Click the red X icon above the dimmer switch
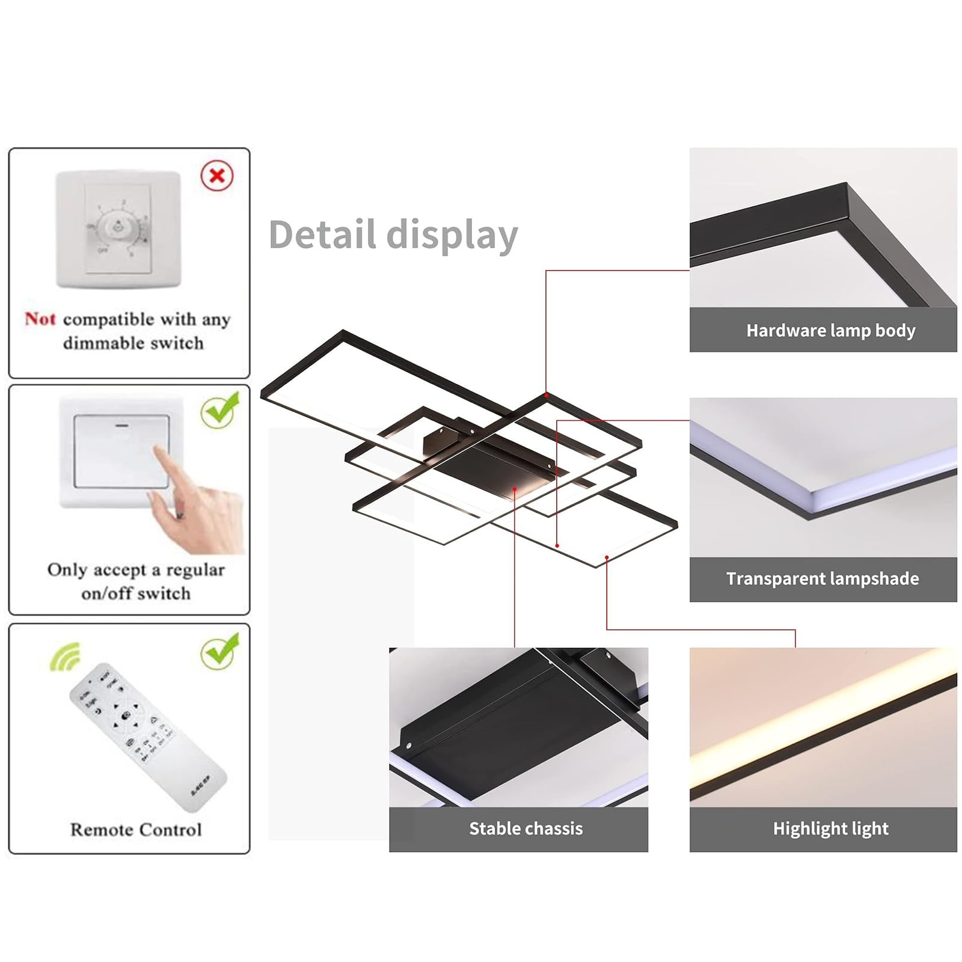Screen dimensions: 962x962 tap(217, 176)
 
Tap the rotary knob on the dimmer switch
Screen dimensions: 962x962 tap(119, 227)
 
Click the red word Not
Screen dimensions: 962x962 tap(40, 319)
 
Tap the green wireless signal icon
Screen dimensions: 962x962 tap(66, 657)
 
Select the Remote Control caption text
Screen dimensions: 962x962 tap(136, 830)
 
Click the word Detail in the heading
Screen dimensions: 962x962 tap(322, 234)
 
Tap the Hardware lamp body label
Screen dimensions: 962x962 tap(830, 331)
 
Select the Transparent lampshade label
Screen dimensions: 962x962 tap(822, 579)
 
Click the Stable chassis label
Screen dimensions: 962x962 tap(525, 829)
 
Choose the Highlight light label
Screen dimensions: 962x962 tap(830, 829)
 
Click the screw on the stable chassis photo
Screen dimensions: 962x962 tap(409, 746)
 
